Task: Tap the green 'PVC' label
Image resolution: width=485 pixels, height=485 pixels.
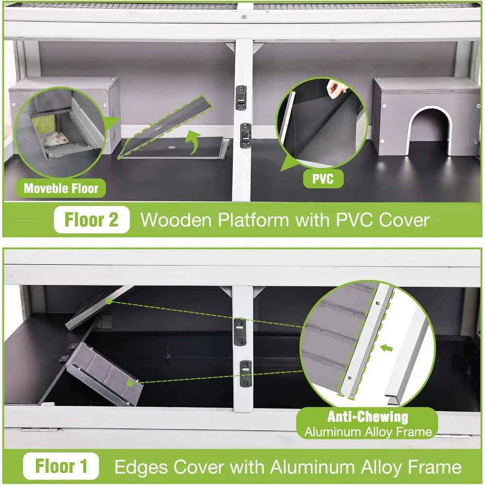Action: (x=323, y=179)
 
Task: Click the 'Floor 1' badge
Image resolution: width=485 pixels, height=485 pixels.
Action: (x=62, y=467)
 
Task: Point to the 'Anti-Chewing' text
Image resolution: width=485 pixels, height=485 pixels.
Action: (x=367, y=417)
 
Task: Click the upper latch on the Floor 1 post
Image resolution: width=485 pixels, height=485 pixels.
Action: (x=241, y=331)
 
